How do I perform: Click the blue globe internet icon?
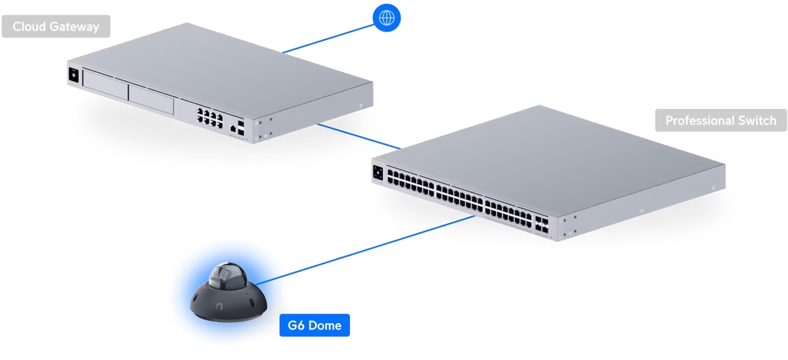point(386,18)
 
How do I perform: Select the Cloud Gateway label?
point(56,27)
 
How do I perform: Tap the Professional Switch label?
point(720,121)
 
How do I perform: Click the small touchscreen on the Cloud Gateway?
point(74,75)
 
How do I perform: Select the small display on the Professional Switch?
point(378,173)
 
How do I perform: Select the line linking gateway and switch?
point(358,136)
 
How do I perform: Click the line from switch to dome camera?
point(368,250)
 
